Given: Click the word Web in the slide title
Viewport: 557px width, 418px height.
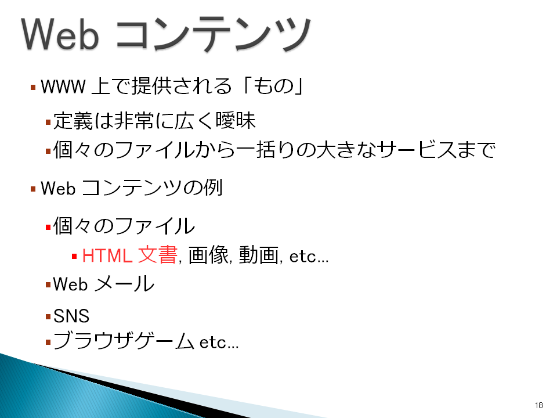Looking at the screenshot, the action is click(60, 34).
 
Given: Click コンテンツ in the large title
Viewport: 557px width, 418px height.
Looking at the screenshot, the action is click(214, 34).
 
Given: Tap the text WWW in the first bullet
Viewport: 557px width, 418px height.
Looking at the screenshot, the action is click(63, 87).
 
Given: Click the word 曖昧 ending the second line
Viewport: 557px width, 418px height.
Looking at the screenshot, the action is click(236, 120).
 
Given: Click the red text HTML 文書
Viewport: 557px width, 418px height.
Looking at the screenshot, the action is click(129, 255).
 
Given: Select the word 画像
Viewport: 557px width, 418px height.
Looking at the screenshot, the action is click(208, 255).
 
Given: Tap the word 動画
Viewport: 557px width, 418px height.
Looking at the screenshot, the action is click(259, 255).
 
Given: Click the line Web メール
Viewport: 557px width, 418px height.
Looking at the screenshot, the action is click(104, 284).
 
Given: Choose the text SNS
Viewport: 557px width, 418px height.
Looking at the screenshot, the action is click(71, 316).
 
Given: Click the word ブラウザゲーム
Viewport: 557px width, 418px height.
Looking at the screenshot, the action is click(124, 341).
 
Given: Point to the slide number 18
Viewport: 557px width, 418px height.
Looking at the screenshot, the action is click(538, 405).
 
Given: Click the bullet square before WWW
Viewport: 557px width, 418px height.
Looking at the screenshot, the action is click(33, 87).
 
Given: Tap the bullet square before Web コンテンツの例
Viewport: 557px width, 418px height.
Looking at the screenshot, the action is click(33, 189).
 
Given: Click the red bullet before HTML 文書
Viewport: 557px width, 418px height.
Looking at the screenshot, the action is click(74, 256).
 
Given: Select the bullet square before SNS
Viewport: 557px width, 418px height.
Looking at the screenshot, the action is click(48, 316).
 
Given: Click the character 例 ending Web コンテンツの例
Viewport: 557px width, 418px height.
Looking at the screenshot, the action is click(213, 188).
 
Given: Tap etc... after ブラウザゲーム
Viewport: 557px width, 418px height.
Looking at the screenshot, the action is click(219, 342).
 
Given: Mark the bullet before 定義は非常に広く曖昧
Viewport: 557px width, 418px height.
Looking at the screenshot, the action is click(48, 122).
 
